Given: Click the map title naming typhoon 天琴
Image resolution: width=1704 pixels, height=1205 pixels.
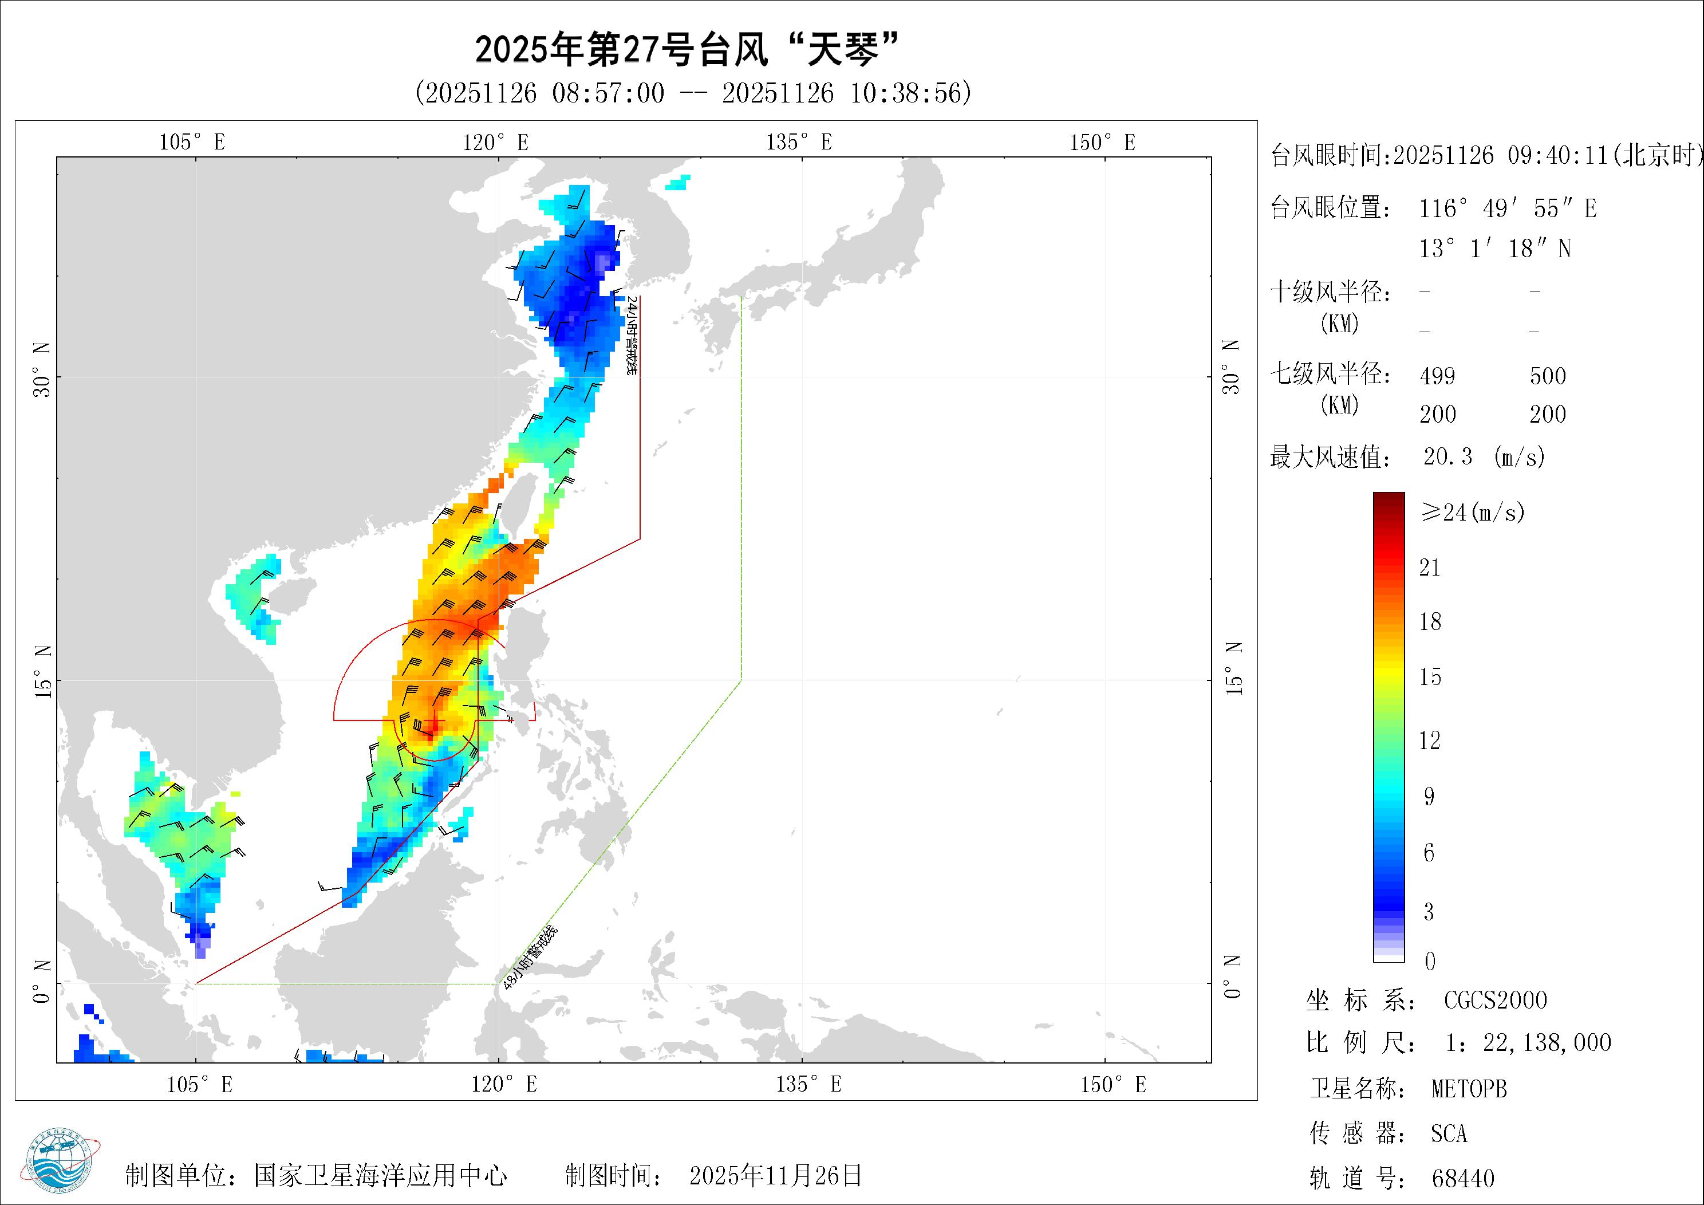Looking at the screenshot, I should [x=687, y=50].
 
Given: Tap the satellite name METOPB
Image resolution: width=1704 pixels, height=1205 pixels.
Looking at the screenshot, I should [x=1469, y=1089].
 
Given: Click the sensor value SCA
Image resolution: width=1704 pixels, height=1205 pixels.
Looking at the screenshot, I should [x=1449, y=1134].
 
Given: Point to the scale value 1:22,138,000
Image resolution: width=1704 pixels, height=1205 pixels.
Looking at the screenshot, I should [x=1528, y=1043].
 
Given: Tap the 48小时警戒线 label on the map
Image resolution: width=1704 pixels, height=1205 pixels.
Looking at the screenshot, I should [x=529, y=957].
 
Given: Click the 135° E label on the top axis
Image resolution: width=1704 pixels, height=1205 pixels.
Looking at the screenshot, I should [x=799, y=142].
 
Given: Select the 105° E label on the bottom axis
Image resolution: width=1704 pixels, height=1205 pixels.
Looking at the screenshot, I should [x=199, y=1085].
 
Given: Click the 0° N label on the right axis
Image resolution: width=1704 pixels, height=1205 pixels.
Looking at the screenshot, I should [x=1232, y=977].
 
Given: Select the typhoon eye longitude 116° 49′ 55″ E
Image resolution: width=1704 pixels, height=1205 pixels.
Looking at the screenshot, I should [x=1508, y=208].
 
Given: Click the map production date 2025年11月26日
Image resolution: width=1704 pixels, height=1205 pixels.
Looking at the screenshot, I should [x=775, y=1175].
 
